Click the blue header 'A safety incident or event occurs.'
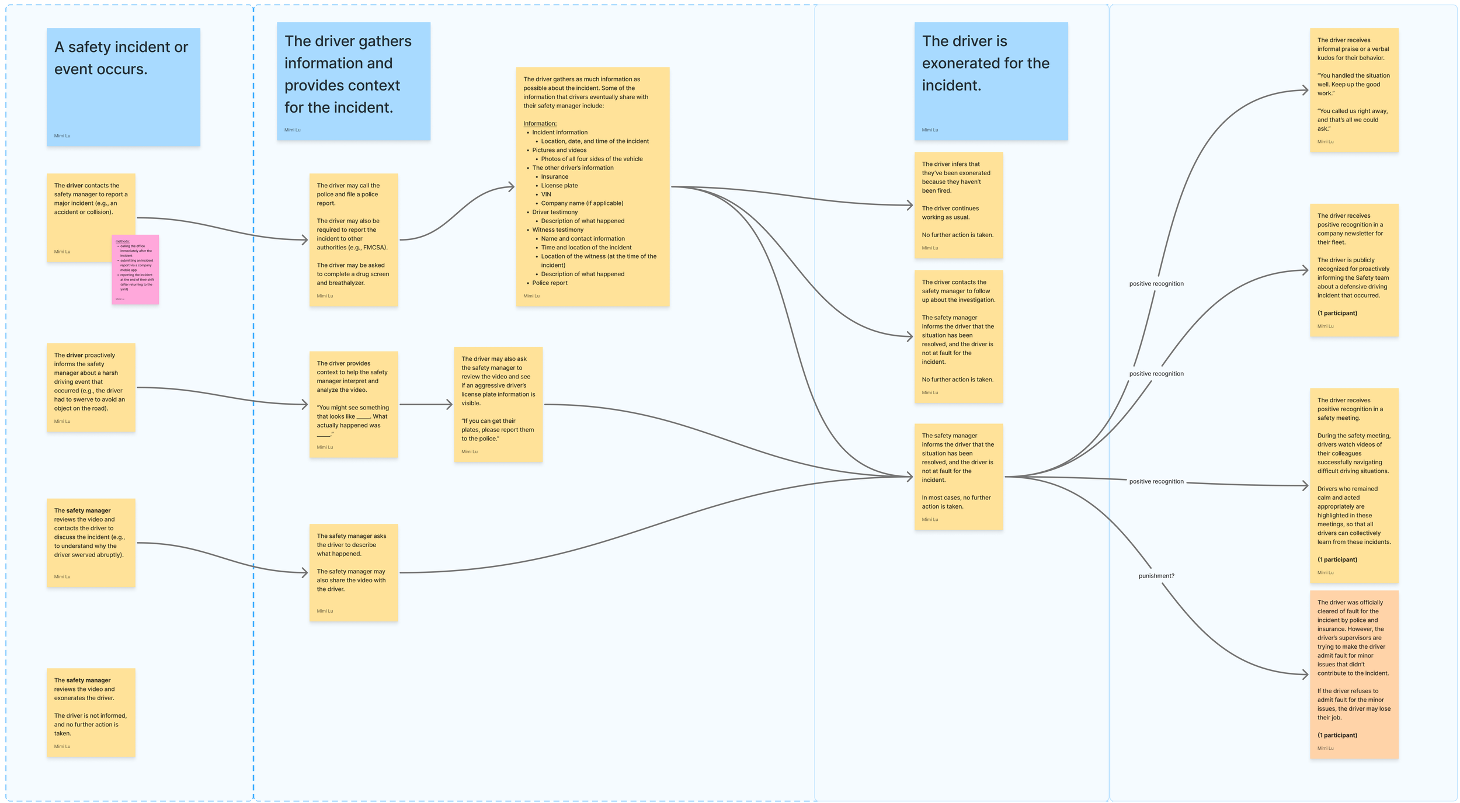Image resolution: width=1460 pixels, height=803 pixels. pyautogui.click(x=123, y=87)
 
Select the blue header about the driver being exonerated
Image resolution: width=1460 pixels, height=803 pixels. pyautogui.click(x=990, y=81)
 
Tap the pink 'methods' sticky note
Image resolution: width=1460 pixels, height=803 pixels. pyautogui.click(x=135, y=269)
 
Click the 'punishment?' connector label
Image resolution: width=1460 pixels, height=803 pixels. pyautogui.click(x=1156, y=576)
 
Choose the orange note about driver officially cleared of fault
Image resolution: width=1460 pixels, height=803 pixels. pyautogui.click(x=1354, y=675)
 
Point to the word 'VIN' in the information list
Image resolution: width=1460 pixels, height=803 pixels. pyautogui.click(x=546, y=194)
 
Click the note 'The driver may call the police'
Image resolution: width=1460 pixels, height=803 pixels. pyautogui.click(x=353, y=239)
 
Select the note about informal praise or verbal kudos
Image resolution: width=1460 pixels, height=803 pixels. pyautogui.click(x=1354, y=90)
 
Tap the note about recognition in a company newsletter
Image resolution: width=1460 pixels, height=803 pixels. pyautogui.click(x=1354, y=270)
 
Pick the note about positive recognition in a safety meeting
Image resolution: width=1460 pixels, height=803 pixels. pyautogui.click(x=1354, y=485)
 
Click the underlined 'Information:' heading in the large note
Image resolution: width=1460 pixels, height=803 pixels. pyautogui.click(x=540, y=124)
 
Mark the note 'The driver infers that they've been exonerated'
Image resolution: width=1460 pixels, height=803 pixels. pyautogui.click(x=958, y=205)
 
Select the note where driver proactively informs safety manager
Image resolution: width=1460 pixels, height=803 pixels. pyautogui.click(x=91, y=387)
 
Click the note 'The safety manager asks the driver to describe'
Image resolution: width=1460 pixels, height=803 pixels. pyautogui.click(x=353, y=572)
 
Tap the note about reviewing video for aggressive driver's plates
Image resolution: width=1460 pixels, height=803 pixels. pyautogui.click(x=498, y=404)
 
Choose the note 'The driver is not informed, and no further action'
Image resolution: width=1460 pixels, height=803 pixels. pyautogui.click(x=91, y=712)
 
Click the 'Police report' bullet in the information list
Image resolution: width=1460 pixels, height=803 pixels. pyautogui.click(x=550, y=283)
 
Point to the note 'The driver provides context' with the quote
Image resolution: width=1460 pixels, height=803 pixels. pyautogui.click(x=353, y=404)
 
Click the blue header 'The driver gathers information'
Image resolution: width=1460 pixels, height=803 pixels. pyautogui.click(x=353, y=81)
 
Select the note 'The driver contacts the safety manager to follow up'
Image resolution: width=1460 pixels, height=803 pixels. pyautogui.click(x=958, y=336)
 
